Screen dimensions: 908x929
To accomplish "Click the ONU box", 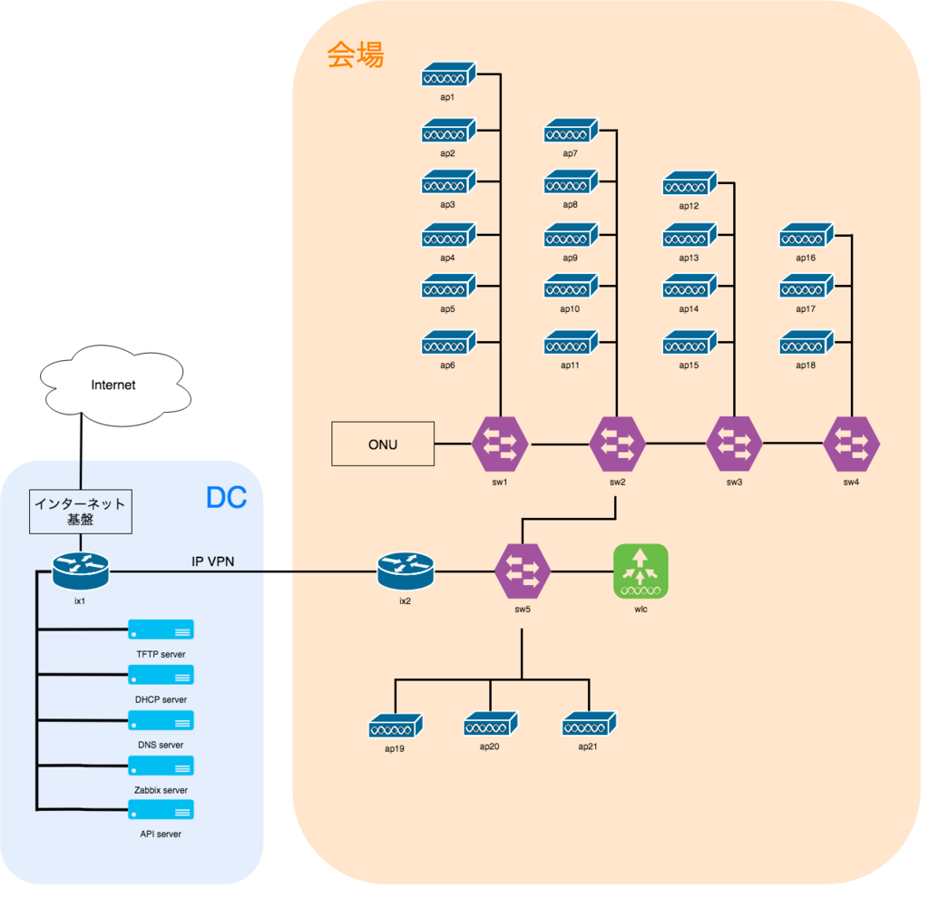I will pyautogui.click(x=383, y=444).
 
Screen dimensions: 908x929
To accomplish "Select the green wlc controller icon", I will pyautogui.click(x=641, y=571).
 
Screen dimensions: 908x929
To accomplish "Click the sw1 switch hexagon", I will pyautogui.click(x=500, y=444).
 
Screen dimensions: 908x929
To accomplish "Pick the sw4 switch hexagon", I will pyautogui.click(x=851, y=444).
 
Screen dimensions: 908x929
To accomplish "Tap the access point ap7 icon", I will pyautogui.click(x=571, y=132).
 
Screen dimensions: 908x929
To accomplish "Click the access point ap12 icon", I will pyautogui.click(x=689, y=185).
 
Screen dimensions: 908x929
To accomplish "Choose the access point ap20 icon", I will pyautogui.click(x=491, y=725).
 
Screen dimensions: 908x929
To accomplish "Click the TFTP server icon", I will pyautogui.click(x=161, y=630).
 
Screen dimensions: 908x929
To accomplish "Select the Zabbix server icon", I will pyautogui.click(x=161, y=766).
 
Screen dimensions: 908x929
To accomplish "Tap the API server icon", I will pyautogui.click(x=161, y=809).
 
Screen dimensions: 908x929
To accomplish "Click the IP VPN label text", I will pyautogui.click(x=212, y=561).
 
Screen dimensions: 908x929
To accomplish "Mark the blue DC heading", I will pyautogui.click(x=226, y=498).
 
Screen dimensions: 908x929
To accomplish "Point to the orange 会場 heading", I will pyautogui.click(x=356, y=56).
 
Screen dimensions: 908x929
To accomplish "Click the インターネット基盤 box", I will pyautogui.click(x=80, y=512).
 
